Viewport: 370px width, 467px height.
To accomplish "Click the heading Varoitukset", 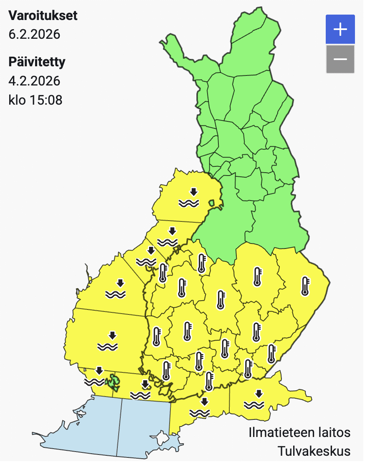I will pos(43,16).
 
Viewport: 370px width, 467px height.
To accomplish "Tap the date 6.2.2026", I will pos(34,34).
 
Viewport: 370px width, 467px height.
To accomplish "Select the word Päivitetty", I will pos(37,62).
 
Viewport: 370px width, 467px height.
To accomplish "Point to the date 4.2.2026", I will pos(34,80).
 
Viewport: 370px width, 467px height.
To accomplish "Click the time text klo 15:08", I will pos(35,100).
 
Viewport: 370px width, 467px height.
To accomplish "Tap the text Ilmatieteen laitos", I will pos(299,432).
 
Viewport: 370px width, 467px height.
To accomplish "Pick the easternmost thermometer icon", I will pos(305,286).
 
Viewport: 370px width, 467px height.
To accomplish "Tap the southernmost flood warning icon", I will pos(200,408).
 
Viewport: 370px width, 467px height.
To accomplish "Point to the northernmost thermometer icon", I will pos(202,263).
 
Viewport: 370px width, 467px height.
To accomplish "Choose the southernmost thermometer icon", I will pos(209,381).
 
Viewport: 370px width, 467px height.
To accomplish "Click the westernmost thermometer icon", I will pos(157,336).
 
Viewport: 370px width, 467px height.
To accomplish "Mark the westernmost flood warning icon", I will pos(94,376).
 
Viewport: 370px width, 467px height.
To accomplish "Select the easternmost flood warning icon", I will pos(254,399).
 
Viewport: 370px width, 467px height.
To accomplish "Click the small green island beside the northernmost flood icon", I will pos(212,203).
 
